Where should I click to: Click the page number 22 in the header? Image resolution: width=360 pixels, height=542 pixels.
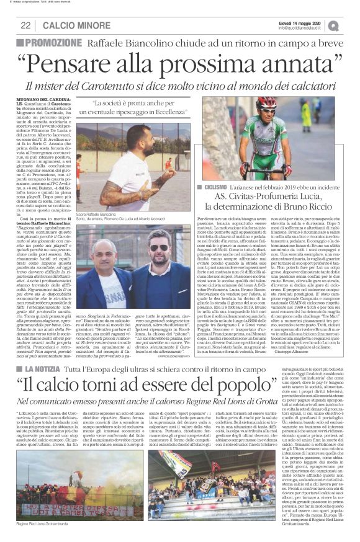[x=25, y=25]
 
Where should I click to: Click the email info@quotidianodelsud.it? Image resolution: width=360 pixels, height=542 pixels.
[x=302, y=28]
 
